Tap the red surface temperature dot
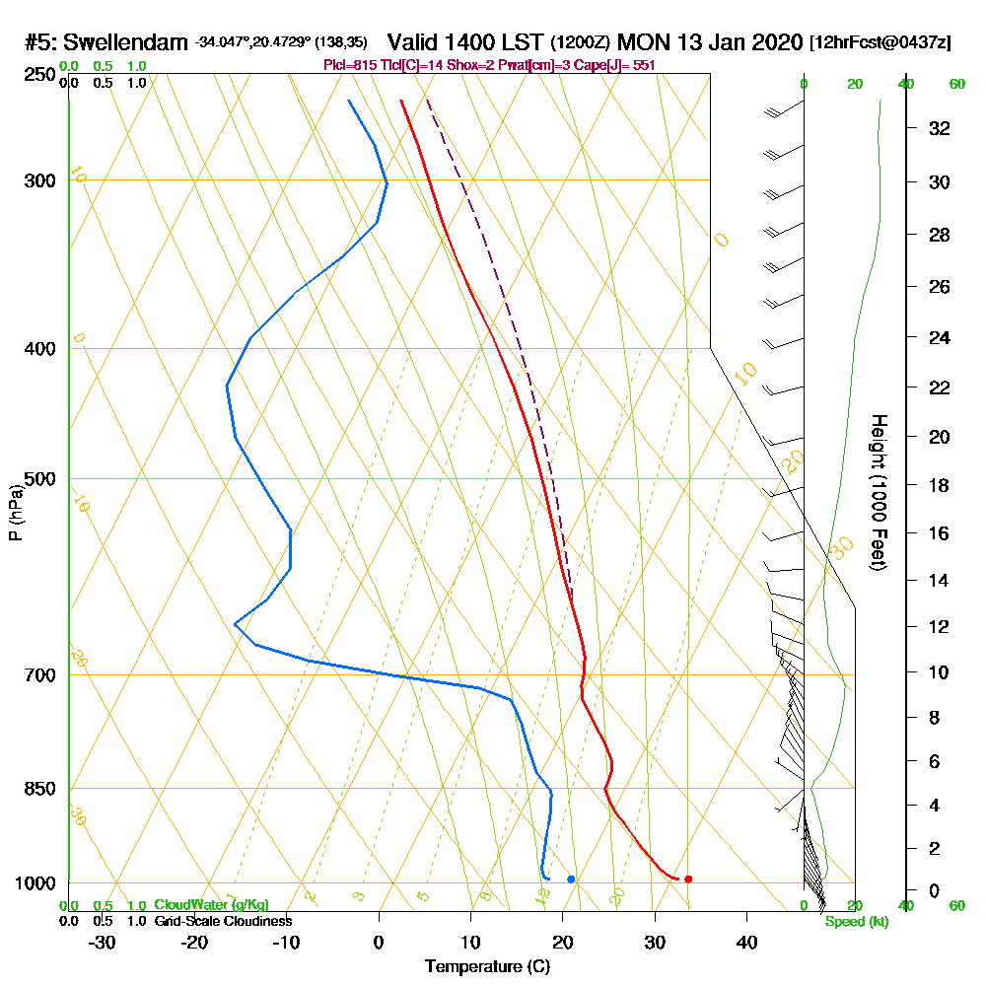[688, 879]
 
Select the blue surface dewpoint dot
[571, 879]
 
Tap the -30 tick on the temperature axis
[103, 943]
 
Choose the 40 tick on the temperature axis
[746, 943]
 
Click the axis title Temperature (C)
[487, 967]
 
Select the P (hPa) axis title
[16, 512]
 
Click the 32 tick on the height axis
[940, 128]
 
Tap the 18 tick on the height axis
[940, 485]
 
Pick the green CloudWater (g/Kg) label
[211, 905]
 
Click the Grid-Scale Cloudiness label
[223, 921]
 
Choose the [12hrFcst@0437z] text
[880, 42]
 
